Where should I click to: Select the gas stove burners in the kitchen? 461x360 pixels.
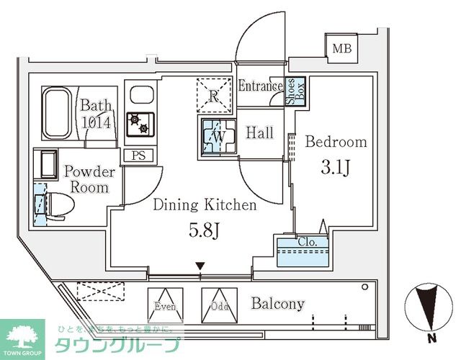pyautogui.click(x=139, y=125)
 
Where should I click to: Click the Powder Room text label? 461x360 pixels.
pyautogui.click(x=89, y=180)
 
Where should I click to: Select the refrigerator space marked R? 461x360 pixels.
pyautogui.click(x=213, y=96)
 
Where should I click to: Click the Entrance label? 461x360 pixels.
pyautogui.click(x=260, y=87)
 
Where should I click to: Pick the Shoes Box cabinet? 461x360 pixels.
pyautogui.click(x=295, y=93)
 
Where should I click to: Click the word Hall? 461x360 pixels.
pyautogui.click(x=259, y=132)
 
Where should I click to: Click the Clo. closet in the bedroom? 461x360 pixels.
pyautogui.click(x=301, y=252)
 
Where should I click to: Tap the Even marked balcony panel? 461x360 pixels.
pyautogui.click(x=164, y=304)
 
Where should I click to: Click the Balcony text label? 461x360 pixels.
pyautogui.click(x=277, y=304)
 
